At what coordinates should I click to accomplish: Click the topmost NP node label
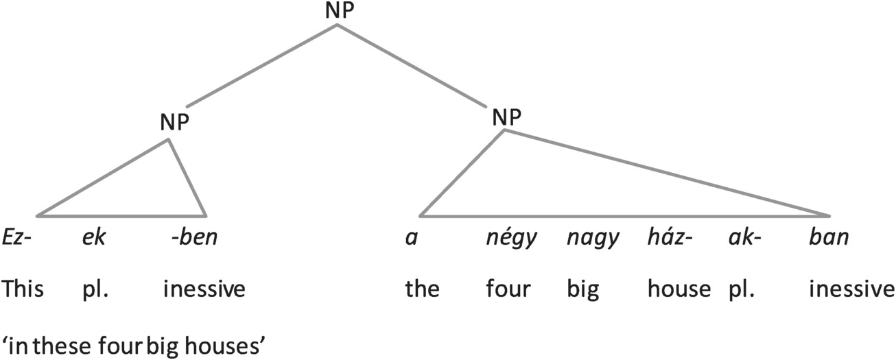pos(336,12)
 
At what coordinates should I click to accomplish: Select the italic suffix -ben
pos(194,239)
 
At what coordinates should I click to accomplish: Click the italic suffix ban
pos(829,239)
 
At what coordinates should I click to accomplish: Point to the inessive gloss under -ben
pos(204,289)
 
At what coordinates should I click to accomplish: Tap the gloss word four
pos(508,289)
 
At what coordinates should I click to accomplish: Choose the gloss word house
pos(679,289)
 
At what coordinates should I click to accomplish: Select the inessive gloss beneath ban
pos(850,289)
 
